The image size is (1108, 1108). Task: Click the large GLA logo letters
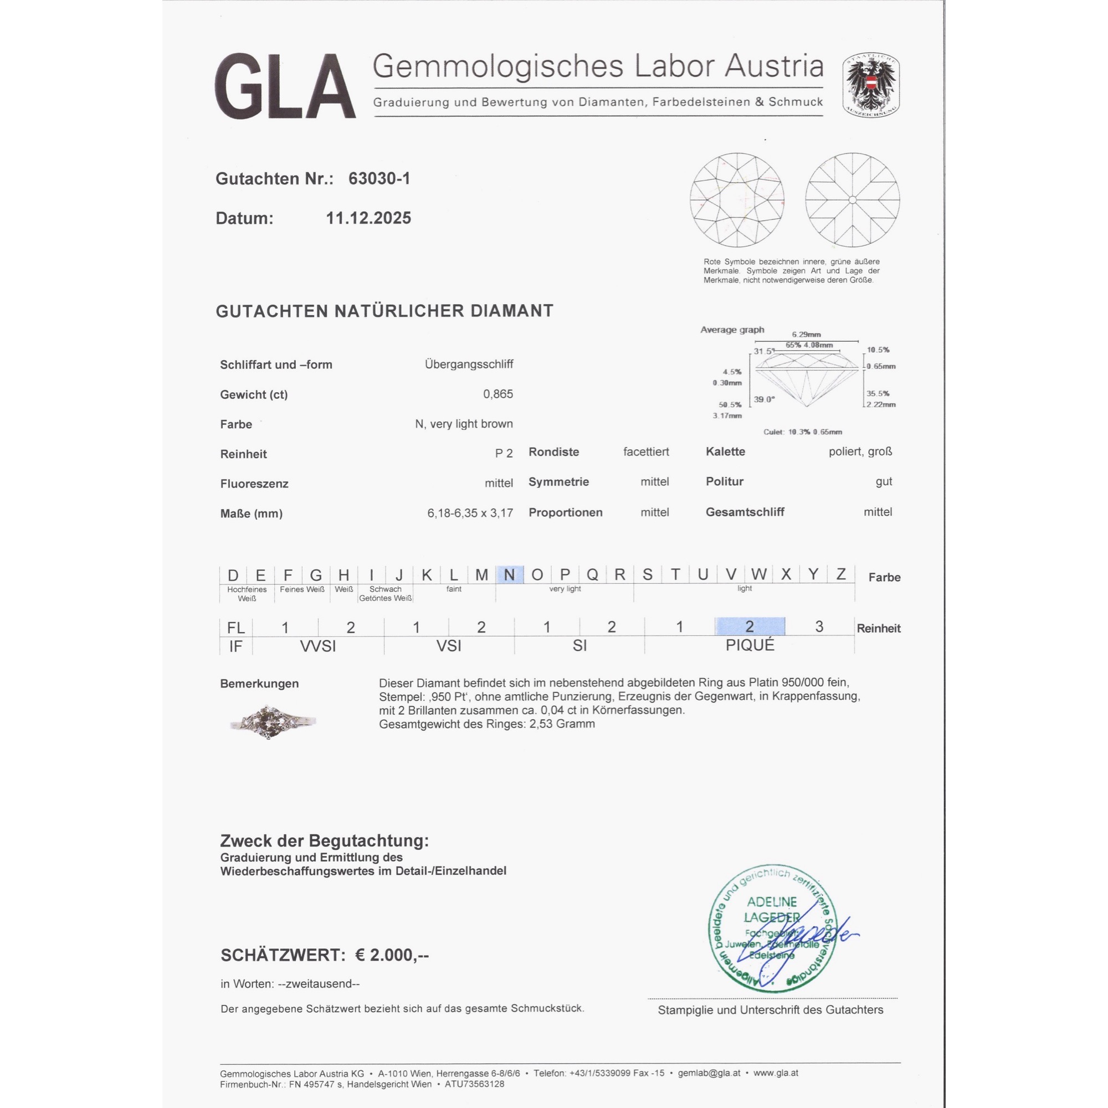285,86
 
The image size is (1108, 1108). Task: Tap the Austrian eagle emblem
870,85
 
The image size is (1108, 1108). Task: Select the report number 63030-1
379,179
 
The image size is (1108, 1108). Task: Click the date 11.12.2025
368,218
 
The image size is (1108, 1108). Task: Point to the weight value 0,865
498,394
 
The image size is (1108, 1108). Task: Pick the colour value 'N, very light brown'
463,424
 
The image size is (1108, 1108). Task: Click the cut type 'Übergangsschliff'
469,364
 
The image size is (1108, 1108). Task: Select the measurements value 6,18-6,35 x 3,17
470,512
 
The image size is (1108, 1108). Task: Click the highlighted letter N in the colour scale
509,574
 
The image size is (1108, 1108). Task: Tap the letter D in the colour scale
233,574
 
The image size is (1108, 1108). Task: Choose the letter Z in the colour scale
841,574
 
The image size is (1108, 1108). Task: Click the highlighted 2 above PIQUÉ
749,626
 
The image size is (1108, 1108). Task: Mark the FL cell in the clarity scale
235,628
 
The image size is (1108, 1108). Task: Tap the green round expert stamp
771,928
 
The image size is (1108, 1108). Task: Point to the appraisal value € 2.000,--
392,955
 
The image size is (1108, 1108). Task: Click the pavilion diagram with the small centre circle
852,199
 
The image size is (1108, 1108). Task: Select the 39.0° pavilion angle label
764,399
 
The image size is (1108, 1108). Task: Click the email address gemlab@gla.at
709,1073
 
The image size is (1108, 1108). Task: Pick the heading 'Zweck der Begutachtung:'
324,841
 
